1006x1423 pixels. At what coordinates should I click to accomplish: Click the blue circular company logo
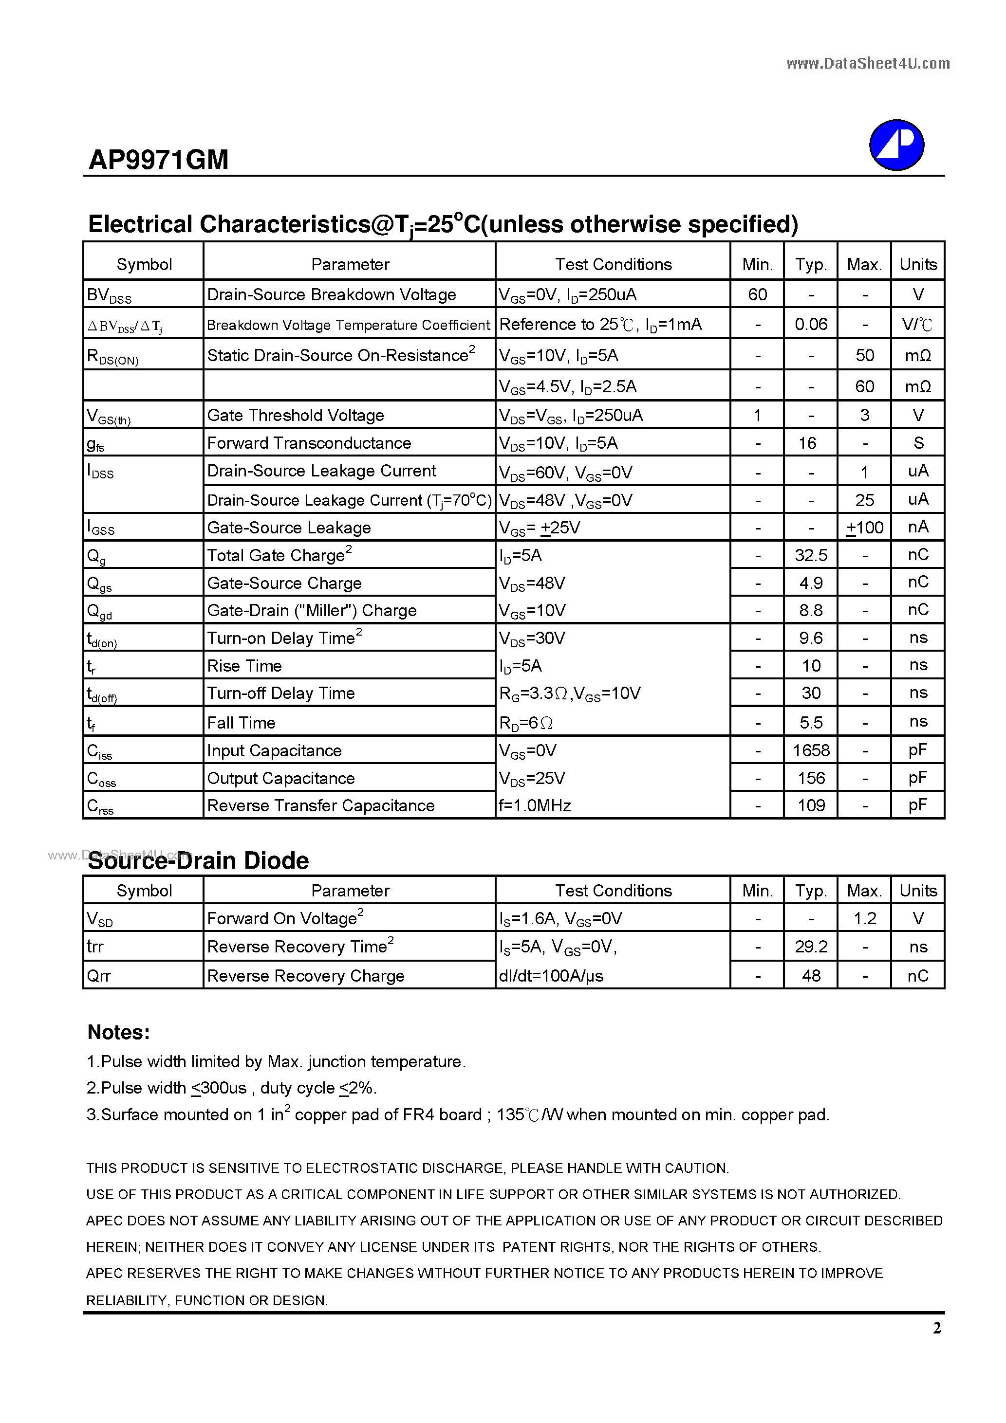[x=896, y=145]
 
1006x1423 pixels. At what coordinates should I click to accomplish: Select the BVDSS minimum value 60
[x=757, y=294]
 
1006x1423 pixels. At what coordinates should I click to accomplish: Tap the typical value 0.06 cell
[x=811, y=324]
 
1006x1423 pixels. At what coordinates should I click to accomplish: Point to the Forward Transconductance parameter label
[x=309, y=443]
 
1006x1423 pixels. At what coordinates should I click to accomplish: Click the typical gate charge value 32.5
[x=811, y=555]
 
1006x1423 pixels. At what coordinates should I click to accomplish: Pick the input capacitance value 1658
[x=811, y=750]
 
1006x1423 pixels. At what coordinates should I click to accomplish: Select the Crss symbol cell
[x=100, y=806]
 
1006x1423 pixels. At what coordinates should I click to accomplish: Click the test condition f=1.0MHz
[x=535, y=806]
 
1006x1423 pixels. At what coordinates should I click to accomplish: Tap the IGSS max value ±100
[x=865, y=528]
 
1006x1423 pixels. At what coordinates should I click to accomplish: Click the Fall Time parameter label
[x=241, y=723]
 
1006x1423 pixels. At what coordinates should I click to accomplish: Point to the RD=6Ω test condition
[x=526, y=723]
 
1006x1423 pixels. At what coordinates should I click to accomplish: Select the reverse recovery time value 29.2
[x=811, y=947]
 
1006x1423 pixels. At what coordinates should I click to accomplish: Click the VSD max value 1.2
[x=865, y=918]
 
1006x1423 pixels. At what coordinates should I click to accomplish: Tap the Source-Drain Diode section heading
[x=199, y=861]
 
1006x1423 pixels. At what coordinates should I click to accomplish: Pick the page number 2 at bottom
[x=936, y=1328]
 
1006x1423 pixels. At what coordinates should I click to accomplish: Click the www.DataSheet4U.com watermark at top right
[x=868, y=63]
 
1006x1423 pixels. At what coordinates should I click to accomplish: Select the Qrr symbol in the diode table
[x=99, y=976]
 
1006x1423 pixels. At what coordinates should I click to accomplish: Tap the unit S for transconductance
[x=918, y=443]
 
